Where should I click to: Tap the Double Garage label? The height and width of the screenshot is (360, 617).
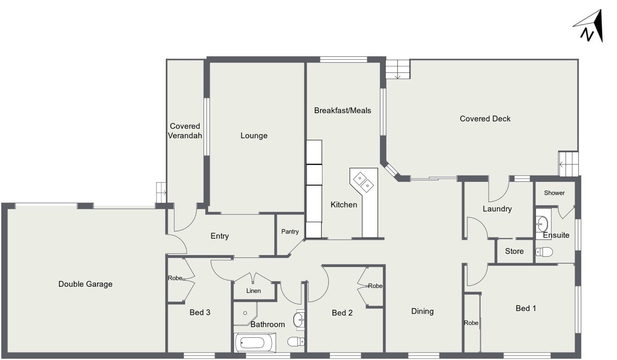[x=85, y=284]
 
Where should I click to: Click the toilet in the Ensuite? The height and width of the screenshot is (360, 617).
[x=544, y=252]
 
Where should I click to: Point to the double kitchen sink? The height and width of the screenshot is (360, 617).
[x=363, y=182]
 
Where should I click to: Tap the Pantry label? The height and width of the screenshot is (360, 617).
[x=290, y=232]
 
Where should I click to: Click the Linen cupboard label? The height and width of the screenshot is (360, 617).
[x=254, y=291]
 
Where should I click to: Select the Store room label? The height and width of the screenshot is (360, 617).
[x=514, y=251]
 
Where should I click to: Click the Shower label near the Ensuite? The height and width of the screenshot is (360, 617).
[x=554, y=193]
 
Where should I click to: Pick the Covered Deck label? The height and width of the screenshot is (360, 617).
[x=485, y=119]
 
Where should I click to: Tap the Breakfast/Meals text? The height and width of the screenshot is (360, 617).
[x=342, y=110]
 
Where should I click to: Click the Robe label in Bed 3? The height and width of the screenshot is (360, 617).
[x=175, y=278]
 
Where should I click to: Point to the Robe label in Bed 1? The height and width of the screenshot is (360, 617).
[x=471, y=323]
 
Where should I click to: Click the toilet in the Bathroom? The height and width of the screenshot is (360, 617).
[x=296, y=342]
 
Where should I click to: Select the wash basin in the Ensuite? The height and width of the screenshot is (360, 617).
[x=542, y=224]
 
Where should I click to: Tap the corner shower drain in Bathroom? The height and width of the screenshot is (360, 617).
[x=245, y=313]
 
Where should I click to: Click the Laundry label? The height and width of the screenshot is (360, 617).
[x=497, y=209]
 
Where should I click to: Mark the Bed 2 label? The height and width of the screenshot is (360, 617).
[x=342, y=313]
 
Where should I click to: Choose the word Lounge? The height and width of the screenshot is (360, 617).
[x=254, y=135]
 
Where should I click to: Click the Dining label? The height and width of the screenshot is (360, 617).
[x=422, y=311]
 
